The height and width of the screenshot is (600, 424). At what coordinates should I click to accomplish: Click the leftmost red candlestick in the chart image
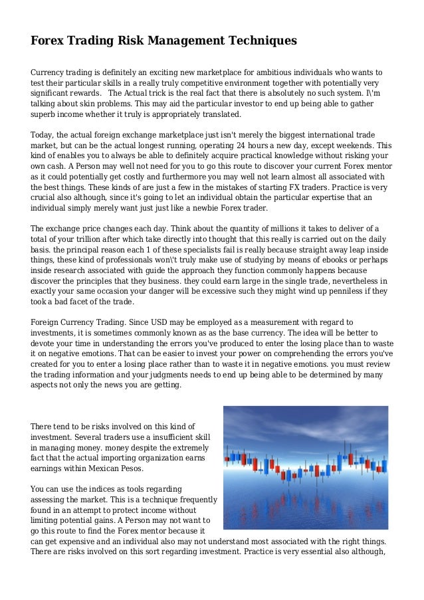(227, 458)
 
